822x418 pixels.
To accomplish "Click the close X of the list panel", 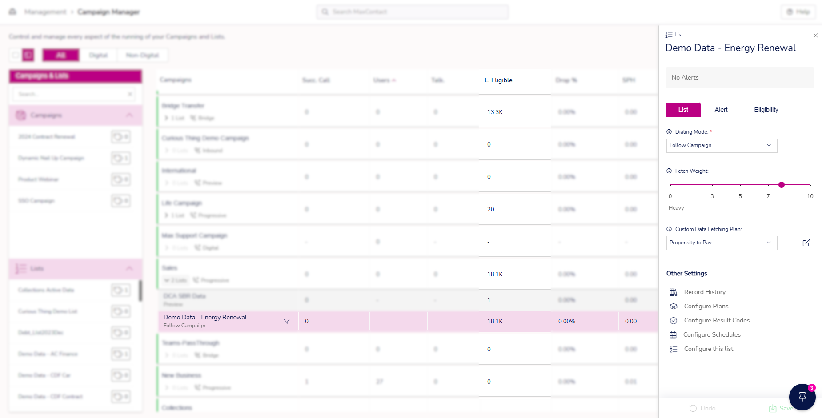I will pyautogui.click(x=815, y=36).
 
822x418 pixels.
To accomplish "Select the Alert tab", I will pyautogui.click(x=721, y=110).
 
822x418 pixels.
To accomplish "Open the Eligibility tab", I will pyautogui.click(x=766, y=110).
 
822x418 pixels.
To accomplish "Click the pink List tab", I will pyautogui.click(x=683, y=110).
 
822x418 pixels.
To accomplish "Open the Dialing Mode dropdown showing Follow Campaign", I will pyautogui.click(x=721, y=146).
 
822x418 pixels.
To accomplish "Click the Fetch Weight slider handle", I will pyautogui.click(x=781, y=185).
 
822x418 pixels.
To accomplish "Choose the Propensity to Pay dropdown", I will pyautogui.click(x=721, y=243).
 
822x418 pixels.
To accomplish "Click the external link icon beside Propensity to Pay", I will pyautogui.click(x=806, y=243).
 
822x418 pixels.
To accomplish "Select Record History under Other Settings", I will pyautogui.click(x=704, y=292).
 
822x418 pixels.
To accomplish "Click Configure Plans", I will pyautogui.click(x=706, y=307).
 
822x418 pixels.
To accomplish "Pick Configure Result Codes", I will pyautogui.click(x=716, y=321).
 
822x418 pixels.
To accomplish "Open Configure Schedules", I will pyautogui.click(x=711, y=335).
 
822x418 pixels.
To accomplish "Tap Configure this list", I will pyautogui.click(x=708, y=349).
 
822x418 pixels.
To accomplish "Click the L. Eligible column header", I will pyautogui.click(x=498, y=80).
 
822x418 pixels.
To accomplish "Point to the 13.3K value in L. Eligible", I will pyautogui.click(x=495, y=112).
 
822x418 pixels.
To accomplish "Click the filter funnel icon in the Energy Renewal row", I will pyautogui.click(x=287, y=321).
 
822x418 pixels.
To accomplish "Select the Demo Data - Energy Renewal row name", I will pyautogui.click(x=205, y=318).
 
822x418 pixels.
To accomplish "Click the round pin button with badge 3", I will pyautogui.click(x=802, y=397).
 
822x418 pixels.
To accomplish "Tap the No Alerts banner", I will pyautogui.click(x=739, y=78).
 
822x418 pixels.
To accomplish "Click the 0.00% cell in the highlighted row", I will pyautogui.click(x=566, y=322).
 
